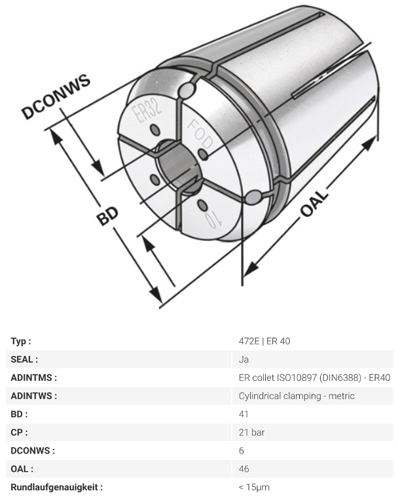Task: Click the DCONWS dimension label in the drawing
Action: click(56, 97)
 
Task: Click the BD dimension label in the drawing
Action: click(107, 216)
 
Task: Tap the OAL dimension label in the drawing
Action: click(314, 203)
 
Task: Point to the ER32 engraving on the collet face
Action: click(147, 111)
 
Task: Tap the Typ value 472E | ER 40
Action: click(264, 341)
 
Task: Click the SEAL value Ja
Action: click(244, 359)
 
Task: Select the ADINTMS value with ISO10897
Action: click(314, 378)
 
